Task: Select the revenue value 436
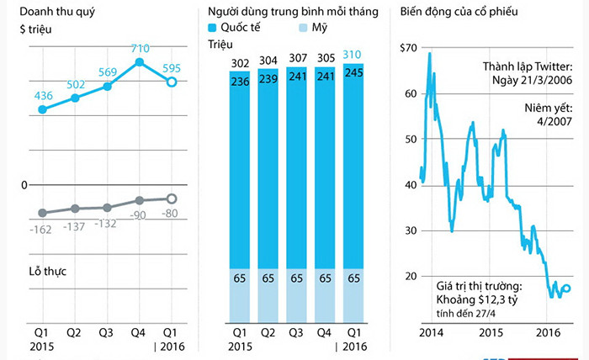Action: pos(42,96)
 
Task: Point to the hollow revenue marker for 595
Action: pos(171,82)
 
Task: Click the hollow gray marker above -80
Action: pos(171,199)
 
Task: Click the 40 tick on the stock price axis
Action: pos(411,184)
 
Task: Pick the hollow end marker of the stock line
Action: pos(566,289)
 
